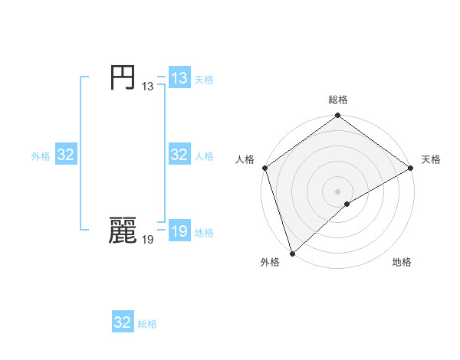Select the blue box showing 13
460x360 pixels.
pyautogui.click(x=179, y=78)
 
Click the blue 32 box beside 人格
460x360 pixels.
pyautogui.click(x=179, y=155)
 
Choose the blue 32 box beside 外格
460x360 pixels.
pyautogui.click(x=66, y=155)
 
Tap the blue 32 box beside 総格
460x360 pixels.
pyautogui.click(x=123, y=322)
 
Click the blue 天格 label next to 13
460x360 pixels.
pyautogui.click(x=204, y=79)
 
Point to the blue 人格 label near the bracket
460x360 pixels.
pyautogui.click(x=204, y=155)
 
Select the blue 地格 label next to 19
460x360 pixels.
pyautogui.click(x=204, y=233)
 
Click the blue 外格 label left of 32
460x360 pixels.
pyautogui.click(x=41, y=155)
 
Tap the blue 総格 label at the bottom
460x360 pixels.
pyautogui.click(x=147, y=323)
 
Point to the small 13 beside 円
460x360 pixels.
pyautogui.click(x=147, y=87)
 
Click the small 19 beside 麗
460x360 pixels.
pyautogui.click(x=147, y=240)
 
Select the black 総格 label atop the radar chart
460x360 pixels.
pyautogui.click(x=338, y=100)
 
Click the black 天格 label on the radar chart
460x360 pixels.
pyautogui.click(x=431, y=159)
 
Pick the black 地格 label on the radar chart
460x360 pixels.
pyautogui.click(x=402, y=262)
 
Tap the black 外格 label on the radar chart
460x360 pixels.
pyautogui.click(x=269, y=262)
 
